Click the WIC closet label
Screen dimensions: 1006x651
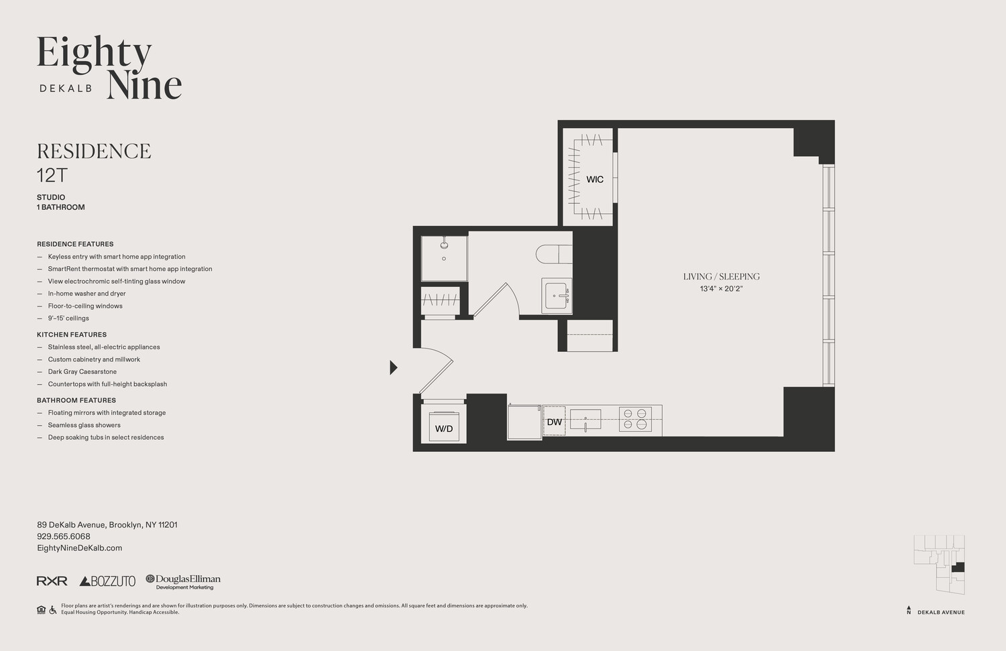[x=594, y=179]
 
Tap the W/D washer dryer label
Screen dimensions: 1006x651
[x=443, y=428]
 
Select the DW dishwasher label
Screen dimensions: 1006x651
[x=554, y=422]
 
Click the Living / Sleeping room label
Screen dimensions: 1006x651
[x=721, y=276]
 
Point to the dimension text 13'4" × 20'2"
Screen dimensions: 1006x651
[x=721, y=289]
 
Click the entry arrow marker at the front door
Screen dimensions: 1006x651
[x=394, y=367]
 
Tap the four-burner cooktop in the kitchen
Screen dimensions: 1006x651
[x=634, y=419]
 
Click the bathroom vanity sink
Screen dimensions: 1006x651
[x=557, y=296]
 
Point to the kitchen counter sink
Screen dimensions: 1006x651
[x=585, y=420]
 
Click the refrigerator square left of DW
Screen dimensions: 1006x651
[x=524, y=422]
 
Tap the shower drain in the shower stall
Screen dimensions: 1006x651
[x=444, y=258]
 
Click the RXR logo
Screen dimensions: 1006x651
[x=52, y=581]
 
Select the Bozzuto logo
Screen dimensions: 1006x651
[x=107, y=581]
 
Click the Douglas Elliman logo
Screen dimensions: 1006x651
[x=183, y=581]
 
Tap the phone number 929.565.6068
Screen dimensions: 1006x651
[x=64, y=536]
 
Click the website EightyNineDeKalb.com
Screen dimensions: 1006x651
[x=79, y=548]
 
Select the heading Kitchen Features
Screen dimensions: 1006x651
[x=72, y=335]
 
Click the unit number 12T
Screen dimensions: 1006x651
[x=52, y=176]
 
